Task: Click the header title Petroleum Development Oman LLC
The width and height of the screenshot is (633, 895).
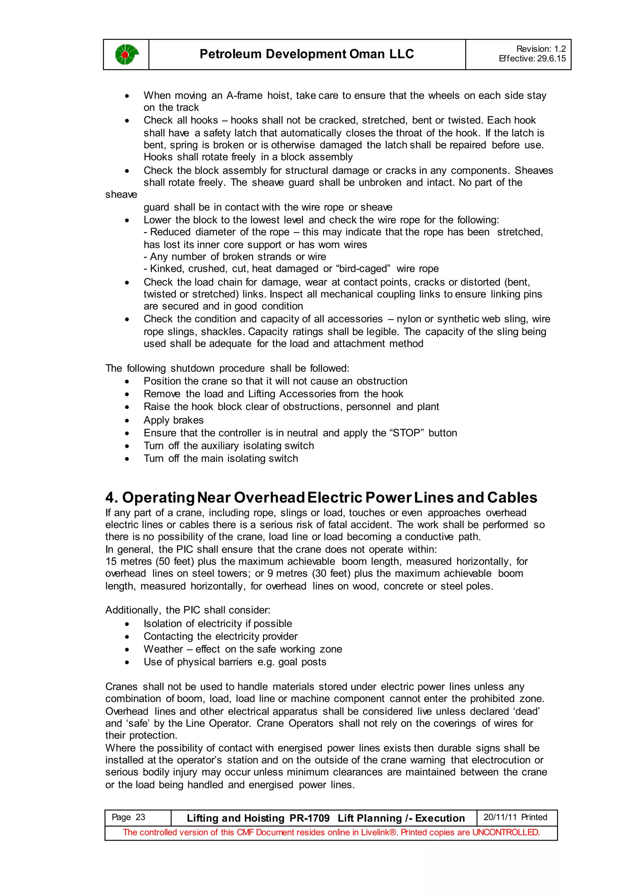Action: (306, 54)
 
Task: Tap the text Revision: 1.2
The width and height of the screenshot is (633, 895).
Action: (541, 49)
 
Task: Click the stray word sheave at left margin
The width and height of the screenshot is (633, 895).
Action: (121, 194)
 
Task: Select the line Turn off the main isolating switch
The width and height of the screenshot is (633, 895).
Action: (221, 459)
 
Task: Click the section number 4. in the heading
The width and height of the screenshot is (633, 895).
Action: (112, 498)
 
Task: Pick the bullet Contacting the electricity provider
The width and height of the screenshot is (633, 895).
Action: (220, 637)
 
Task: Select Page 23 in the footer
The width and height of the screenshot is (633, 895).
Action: (128, 817)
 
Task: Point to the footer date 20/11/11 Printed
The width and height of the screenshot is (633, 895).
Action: (515, 817)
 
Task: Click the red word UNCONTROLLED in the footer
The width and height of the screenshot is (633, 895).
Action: (506, 832)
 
